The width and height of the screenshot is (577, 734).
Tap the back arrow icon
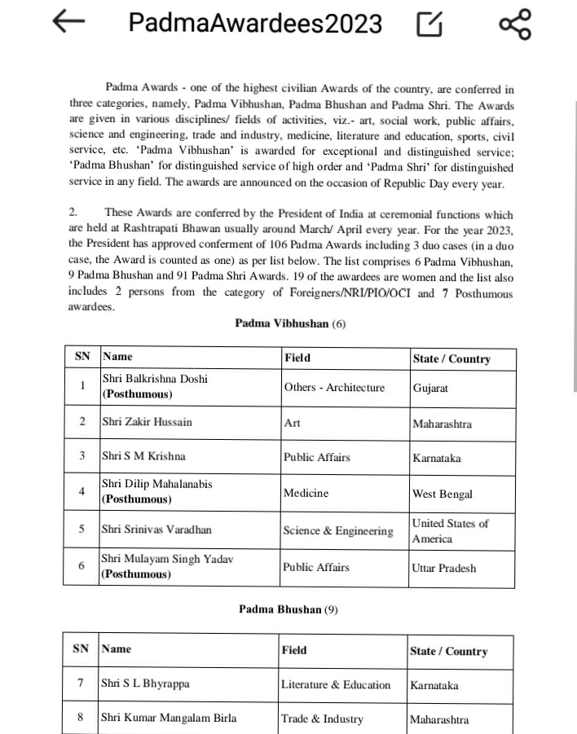click(x=68, y=23)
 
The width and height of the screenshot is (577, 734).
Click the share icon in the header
click(x=514, y=24)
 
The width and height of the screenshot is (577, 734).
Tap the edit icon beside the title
click(x=429, y=25)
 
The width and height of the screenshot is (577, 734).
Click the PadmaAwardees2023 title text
click(x=255, y=24)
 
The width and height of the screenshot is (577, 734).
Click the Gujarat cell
click(x=430, y=388)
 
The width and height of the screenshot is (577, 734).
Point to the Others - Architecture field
click(x=334, y=388)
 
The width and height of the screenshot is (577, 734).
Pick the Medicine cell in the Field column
click(x=306, y=493)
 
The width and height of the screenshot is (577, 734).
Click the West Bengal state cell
click(x=443, y=494)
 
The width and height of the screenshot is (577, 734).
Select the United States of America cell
click(x=450, y=531)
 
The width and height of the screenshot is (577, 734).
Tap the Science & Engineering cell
click(x=338, y=531)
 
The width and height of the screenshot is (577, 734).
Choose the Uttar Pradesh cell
click(x=444, y=568)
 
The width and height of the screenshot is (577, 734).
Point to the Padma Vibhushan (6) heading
click(x=290, y=323)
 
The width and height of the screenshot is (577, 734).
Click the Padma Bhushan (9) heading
click(x=288, y=609)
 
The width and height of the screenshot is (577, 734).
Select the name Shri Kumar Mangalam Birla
click(x=169, y=719)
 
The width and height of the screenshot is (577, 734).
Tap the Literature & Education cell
click(x=336, y=684)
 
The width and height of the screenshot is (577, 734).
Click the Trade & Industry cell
click(x=322, y=719)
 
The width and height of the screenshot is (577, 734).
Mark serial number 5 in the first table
click(x=81, y=530)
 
